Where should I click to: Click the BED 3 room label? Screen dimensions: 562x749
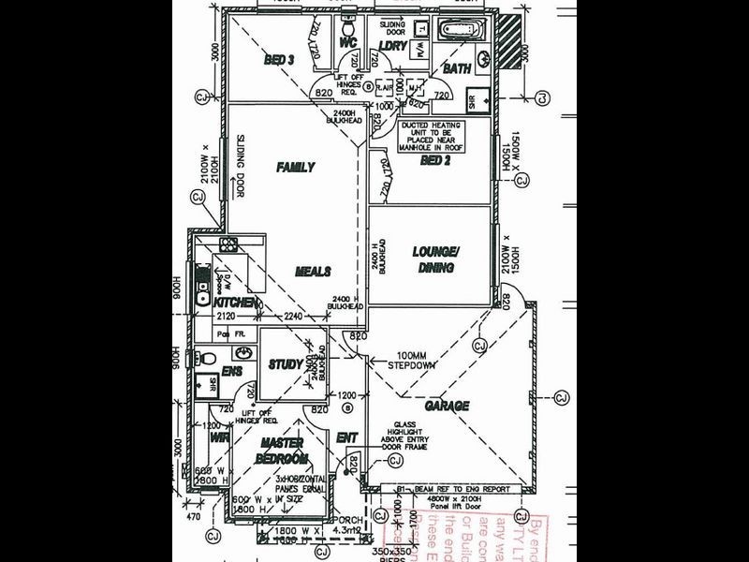pyautogui.click(x=279, y=61)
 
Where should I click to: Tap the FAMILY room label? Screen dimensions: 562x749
pyautogui.click(x=295, y=168)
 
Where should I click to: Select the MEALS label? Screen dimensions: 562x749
pyautogui.click(x=313, y=272)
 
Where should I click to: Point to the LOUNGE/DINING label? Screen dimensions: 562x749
pyautogui.click(x=436, y=259)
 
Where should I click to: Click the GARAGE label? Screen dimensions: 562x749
pyautogui.click(x=447, y=406)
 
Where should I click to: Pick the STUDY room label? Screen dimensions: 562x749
pyautogui.click(x=285, y=364)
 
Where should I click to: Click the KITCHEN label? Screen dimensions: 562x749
pyautogui.click(x=235, y=303)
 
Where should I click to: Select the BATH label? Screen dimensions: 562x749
pyautogui.click(x=457, y=69)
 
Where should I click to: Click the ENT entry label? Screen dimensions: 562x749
pyautogui.click(x=346, y=437)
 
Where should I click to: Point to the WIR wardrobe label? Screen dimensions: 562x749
pyautogui.click(x=220, y=436)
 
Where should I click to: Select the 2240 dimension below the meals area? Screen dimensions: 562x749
pyautogui.click(x=294, y=317)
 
